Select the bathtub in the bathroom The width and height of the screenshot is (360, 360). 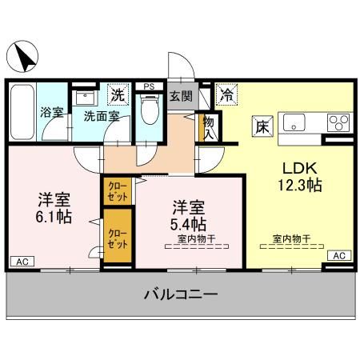[x=22, y=112]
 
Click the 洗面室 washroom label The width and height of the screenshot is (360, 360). [x=102, y=116]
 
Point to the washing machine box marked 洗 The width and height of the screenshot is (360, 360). [x=118, y=94]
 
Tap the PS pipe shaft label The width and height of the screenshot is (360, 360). [x=148, y=86]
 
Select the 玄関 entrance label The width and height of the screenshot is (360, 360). [x=181, y=97]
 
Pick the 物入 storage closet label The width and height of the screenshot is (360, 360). [x=210, y=127]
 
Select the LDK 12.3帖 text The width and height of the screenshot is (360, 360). [x=300, y=177]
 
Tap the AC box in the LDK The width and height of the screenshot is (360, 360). [x=338, y=255]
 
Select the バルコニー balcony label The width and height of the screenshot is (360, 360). [x=181, y=296]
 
